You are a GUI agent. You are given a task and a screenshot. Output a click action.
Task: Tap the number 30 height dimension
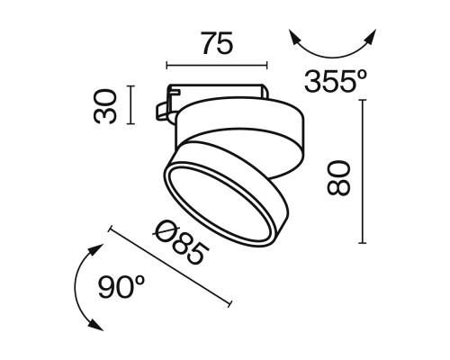[x=109, y=105]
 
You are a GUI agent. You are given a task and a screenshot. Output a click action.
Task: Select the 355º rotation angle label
[x=336, y=82]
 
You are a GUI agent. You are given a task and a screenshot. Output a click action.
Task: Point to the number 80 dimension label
[x=337, y=172]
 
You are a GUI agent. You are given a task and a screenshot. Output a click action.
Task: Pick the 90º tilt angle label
[x=121, y=287]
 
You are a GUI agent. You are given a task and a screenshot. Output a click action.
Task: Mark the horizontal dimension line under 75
[x=217, y=65]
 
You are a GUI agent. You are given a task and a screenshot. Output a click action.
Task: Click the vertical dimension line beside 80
[x=363, y=171]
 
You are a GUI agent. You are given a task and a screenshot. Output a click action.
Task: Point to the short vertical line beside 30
[x=132, y=104]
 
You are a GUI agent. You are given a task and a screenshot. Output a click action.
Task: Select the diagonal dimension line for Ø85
[x=170, y=266]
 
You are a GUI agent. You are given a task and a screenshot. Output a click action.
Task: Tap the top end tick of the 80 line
[x=363, y=100]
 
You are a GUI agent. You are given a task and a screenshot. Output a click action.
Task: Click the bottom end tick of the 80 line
[x=363, y=243]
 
